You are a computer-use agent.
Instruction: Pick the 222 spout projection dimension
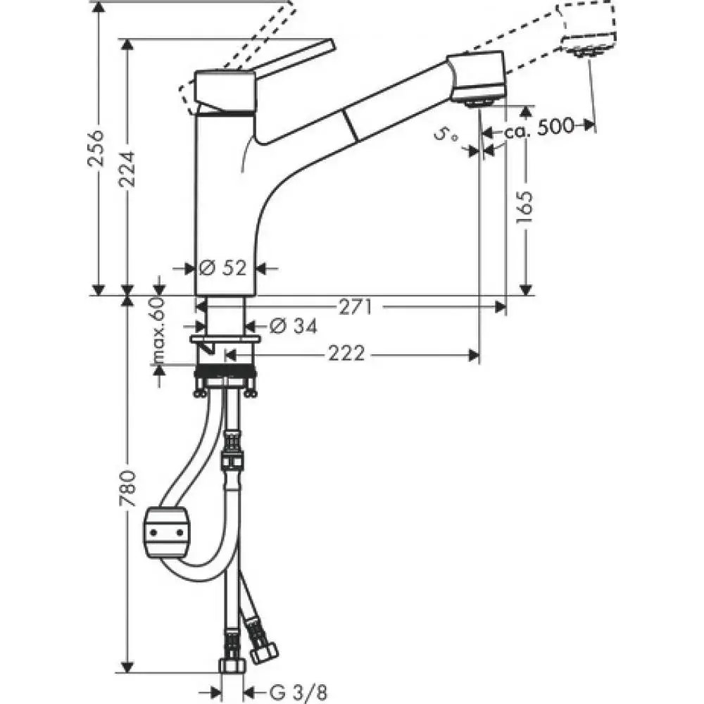point(346,354)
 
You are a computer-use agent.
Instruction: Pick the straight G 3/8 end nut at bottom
point(232,665)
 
